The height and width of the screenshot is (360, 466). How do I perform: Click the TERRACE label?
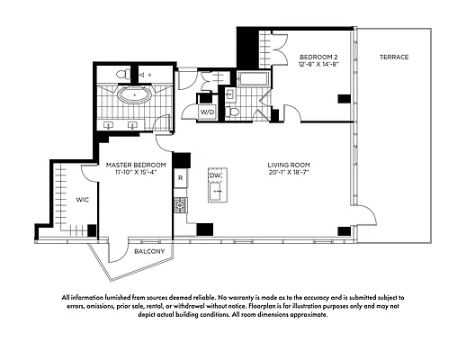click(393, 58)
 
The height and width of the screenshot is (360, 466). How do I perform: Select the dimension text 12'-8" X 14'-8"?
click(318, 65)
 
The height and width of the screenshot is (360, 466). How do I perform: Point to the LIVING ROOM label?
click(289, 165)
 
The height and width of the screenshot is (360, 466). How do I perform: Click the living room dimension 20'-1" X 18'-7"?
click(289, 173)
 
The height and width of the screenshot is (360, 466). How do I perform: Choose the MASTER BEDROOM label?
click(135, 165)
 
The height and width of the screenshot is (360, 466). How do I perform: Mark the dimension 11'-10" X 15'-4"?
click(135, 173)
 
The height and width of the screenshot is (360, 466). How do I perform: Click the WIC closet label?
click(82, 199)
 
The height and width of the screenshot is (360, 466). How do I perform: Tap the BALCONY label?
click(148, 253)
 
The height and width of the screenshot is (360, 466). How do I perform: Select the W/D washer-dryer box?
click(207, 112)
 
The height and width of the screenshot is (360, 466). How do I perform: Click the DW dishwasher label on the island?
click(215, 176)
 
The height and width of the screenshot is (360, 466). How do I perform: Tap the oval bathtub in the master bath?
click(134, 94)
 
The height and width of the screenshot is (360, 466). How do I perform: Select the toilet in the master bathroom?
click(125, 74)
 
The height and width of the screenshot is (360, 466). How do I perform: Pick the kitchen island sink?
click(215, 191)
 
